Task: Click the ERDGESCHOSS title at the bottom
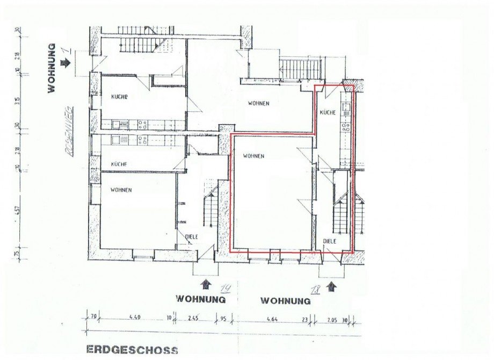point(132,350)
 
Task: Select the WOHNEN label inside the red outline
point(253,156)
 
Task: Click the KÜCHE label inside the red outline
point(328,113)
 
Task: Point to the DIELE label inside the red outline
point(330,242)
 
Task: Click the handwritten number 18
point(316,290)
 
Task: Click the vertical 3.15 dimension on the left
point(17,100)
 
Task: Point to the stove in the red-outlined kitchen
point(345,128)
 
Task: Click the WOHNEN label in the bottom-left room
point(121,190)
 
